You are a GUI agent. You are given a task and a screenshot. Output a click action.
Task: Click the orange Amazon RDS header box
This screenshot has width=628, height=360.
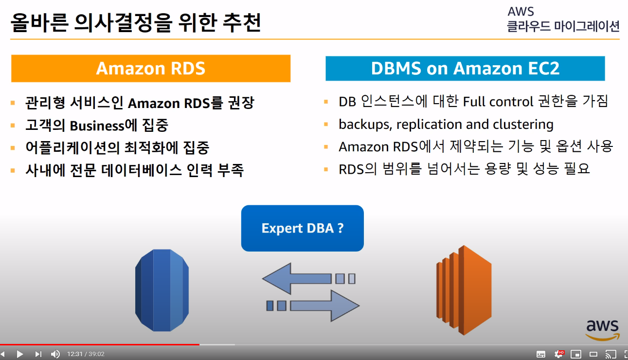tap(151, 68)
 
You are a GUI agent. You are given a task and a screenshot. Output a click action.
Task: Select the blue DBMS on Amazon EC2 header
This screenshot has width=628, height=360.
tap(465, 69)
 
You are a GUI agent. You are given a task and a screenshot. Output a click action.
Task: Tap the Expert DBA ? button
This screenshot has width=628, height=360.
tap(303, 228)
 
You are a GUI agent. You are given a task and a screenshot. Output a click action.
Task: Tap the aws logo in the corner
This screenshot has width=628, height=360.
tap(602, 329)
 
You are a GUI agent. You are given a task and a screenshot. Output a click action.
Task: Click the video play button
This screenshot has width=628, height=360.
tap(20, 354)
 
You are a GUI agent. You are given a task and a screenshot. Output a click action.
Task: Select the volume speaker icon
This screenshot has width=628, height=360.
tap(55, 354)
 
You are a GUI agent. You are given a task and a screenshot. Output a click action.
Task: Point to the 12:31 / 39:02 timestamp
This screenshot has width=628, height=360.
tap(86, 354)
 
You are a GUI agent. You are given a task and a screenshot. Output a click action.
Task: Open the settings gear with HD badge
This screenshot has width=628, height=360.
tap(559, 354)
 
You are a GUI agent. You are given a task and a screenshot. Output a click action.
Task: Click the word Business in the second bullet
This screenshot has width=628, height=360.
tap(97, 126)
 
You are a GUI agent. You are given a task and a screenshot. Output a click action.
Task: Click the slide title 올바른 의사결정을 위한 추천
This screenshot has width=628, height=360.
tap(136, 22)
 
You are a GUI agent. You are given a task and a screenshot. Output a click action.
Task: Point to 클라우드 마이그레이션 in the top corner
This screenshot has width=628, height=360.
tap(563, 26)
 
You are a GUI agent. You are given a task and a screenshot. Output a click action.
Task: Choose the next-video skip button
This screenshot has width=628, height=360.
tap(38, 354)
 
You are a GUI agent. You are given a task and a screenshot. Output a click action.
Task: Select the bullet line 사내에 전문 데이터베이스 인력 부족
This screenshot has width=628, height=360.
tap(134, 170)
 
